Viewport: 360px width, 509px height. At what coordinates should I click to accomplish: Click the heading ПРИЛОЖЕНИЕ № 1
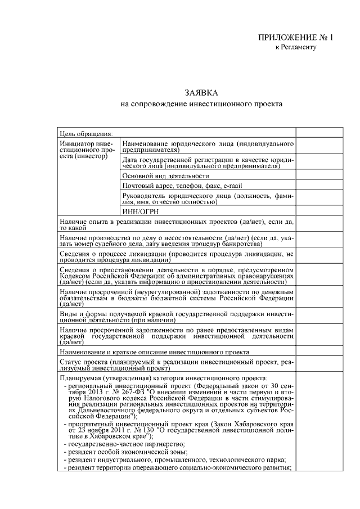tap(295, 38)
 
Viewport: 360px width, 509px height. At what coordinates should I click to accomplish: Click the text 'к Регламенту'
tap(295, 47)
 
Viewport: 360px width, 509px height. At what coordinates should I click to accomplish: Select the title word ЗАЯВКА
tap(201, 92)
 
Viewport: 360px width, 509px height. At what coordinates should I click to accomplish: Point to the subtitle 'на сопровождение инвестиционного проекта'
tap(201, 104)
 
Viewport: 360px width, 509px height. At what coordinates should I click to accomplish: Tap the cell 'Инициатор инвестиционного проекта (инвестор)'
tap(83, 150)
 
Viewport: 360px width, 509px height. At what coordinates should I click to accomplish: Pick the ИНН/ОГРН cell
tap(133, 211)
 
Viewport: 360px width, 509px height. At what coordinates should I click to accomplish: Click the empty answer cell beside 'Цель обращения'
tap(316, 133)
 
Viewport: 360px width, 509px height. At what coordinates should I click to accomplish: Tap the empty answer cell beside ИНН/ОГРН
tap(316, 211)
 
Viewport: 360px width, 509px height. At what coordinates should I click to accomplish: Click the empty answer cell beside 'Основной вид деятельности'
tap(316, 175)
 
